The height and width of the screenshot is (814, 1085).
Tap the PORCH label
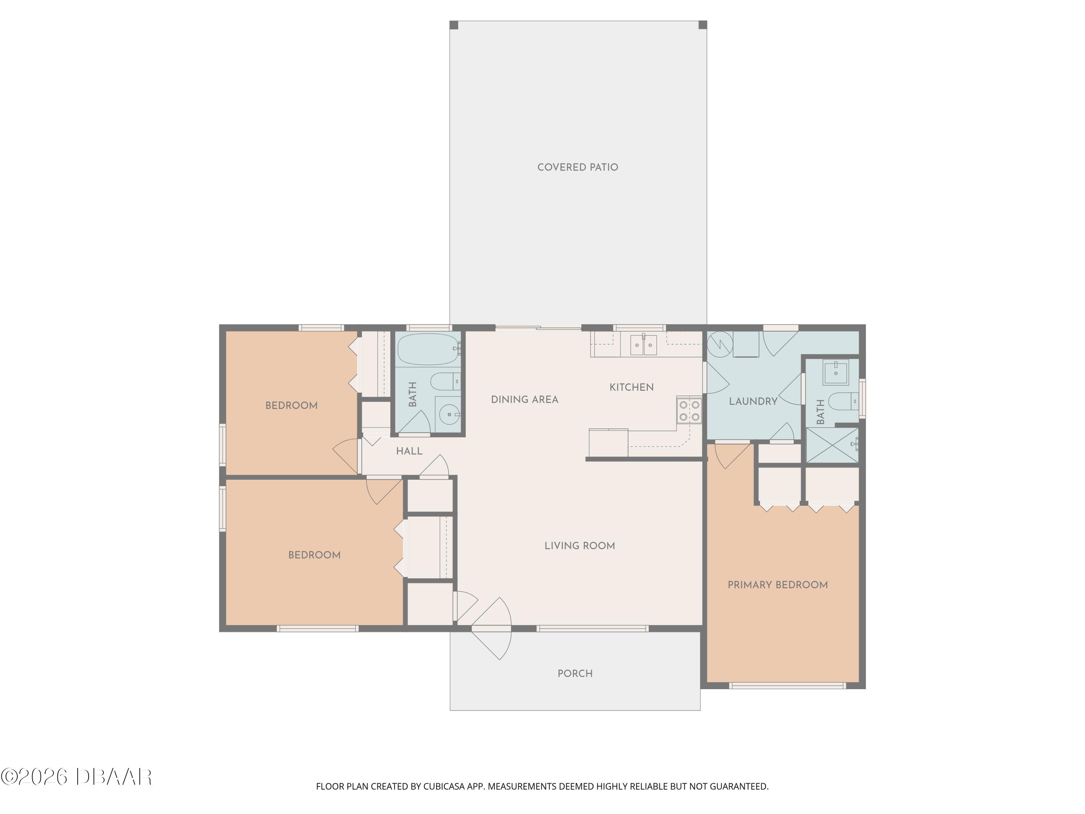tap(575, 674)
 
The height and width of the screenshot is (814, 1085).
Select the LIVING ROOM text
tap(579, 546)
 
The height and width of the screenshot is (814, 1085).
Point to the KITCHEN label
tap(631, 387)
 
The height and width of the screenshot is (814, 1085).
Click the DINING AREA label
tap(524, 399)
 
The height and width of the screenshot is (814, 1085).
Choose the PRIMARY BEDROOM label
tap(778, 585)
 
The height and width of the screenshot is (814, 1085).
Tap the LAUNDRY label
tap(753, 401)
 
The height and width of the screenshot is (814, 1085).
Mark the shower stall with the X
tap(832, 445)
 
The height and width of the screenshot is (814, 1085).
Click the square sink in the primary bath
tap(836, 372)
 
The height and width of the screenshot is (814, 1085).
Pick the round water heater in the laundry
tap(720, 344)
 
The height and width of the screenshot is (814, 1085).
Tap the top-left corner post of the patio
tap(454, 25)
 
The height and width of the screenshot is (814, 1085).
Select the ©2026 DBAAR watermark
tap(76, 777)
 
